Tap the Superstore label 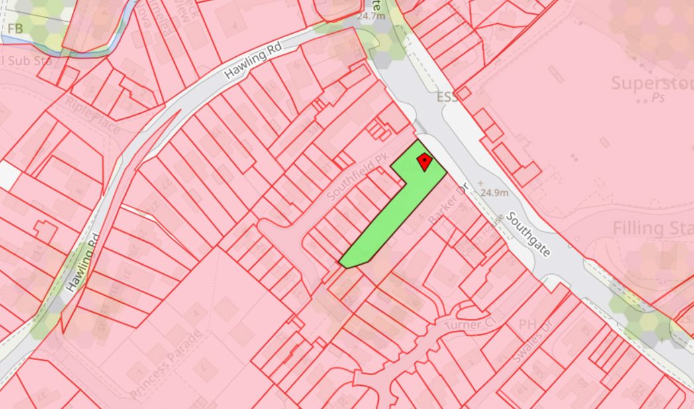click(652, 83)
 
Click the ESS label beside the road click(447, 97)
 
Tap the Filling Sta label click(652, 229)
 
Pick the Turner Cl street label click(470, 326)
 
